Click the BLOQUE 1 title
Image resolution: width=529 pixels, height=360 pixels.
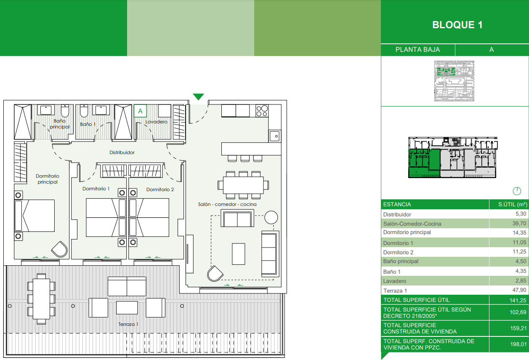(457, 25)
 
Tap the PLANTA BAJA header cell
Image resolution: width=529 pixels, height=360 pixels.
(417, 50)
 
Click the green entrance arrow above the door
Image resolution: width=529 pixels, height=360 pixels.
(198, 96)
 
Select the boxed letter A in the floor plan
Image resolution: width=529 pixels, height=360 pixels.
(140, 111)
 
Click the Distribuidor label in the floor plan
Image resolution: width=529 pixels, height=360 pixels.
(122, 152)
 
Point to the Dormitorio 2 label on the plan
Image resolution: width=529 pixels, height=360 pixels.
(160, 189)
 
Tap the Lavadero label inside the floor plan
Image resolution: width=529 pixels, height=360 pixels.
(156, 122)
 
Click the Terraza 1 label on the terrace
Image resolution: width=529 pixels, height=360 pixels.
(128, 324)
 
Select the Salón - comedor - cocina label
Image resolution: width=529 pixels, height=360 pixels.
(227, 204)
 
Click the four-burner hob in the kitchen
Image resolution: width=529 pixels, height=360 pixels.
(262, 111)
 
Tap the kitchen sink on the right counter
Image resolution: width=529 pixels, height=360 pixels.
(275, 136)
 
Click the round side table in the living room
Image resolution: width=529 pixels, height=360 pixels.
(271, 217)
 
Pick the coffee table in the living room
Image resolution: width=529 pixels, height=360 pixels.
(239, 254)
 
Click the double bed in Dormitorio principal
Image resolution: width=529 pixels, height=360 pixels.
(35, 216)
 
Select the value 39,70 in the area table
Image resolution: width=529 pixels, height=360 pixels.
(519, 224)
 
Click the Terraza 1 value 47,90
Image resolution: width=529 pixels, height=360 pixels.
(519, 290)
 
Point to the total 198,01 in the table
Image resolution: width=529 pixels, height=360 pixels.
(518, 344)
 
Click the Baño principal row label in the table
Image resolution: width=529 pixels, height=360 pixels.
(401, 261)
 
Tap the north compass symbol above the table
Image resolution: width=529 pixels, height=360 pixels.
(517, 191)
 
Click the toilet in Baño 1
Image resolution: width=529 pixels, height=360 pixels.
(84, 111)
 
